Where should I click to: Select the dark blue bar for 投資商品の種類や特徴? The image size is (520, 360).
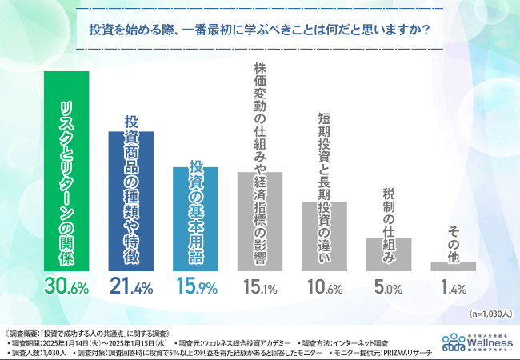click(x=131, y=200)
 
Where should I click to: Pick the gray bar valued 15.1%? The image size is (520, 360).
click(x=259, y=221)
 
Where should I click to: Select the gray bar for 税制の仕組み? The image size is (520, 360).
click(x=388, y=254)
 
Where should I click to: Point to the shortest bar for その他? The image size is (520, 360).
click(x=453, y=266)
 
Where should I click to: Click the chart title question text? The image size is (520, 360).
click(x=260, y=31)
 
